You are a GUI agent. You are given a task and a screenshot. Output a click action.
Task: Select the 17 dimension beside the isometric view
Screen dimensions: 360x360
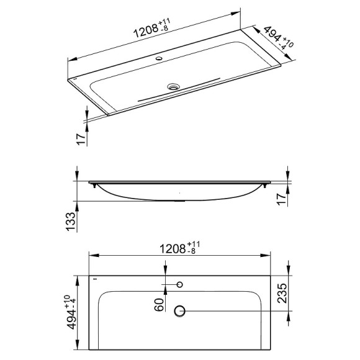pos(79,138)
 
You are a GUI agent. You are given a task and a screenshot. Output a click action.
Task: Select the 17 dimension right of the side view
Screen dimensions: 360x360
pos(282,199)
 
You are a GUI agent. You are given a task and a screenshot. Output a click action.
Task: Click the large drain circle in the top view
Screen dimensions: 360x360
pos(180,310)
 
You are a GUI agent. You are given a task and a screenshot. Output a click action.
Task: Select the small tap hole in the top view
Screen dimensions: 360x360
pos(180,285)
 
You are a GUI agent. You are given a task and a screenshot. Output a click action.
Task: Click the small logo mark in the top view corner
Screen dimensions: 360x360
pos(95,279)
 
